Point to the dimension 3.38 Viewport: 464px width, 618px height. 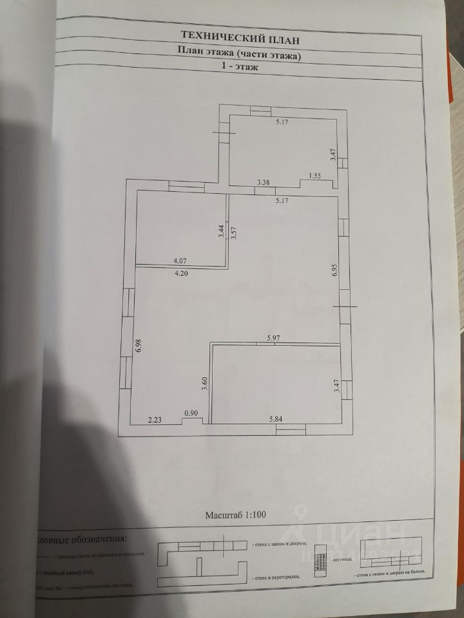tap(264, 183)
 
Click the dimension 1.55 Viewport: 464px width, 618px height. tap(315, 175)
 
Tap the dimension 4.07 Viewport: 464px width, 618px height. tap(181, 261)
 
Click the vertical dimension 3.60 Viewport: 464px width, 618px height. tap(204, 384)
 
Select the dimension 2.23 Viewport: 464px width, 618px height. tap(155, 419)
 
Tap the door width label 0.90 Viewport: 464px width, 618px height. tap(191, 413)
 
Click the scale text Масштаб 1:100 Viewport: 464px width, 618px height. tap(240, 515)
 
